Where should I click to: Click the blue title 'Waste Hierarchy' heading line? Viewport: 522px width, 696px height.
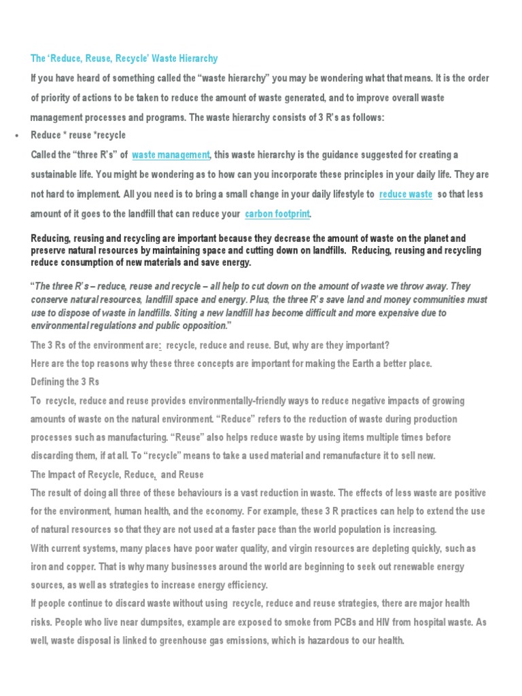click(x=124, y=59)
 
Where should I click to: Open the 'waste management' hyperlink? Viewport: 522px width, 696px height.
click(x=171, y=155)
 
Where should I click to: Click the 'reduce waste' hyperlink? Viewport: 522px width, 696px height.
click(x=406, y=194)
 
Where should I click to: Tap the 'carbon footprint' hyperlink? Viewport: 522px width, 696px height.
click(x=277, y=214)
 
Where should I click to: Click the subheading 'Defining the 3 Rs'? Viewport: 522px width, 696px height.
click(x=65, y=382)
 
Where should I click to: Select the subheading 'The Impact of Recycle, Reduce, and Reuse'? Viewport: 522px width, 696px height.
click(x=118, y=474)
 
